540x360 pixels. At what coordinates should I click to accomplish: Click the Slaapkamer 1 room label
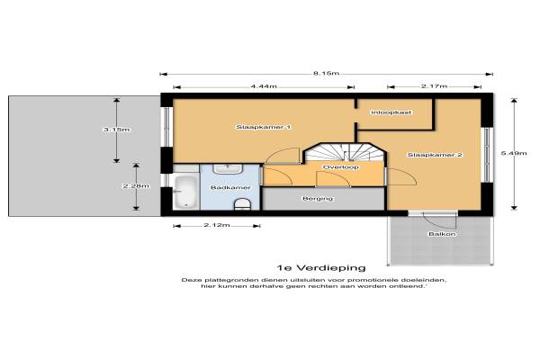click(x=264, y=127)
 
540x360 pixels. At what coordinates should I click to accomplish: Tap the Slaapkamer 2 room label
click(x=435, y=155)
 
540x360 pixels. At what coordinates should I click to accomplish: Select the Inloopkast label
click(x=391, y=112)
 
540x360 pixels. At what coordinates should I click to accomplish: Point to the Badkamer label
click(x=230, y=188)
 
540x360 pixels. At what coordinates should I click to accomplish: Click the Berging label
click(x=318, y=199)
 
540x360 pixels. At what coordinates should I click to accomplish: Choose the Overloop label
click(x=341, y=167)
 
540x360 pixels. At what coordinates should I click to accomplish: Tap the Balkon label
click(x=442, y=234)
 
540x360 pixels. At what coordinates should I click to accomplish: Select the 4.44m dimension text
click(x=264, y=86)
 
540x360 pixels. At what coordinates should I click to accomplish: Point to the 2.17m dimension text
click(x=434, y=86)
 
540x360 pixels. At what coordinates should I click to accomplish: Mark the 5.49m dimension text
click(x=514, y=153)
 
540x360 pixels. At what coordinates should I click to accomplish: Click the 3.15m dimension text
click(x=117, y=130)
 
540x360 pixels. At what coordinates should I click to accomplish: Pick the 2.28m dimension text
click(x=137, y=186)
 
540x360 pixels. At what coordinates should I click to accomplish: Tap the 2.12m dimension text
click(x=217, y=225)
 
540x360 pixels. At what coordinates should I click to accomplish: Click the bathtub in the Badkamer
click(x=185, y=193)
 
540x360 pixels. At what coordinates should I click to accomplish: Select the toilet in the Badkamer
click(x=242, y=204)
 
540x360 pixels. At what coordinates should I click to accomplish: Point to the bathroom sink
click(x=228, y=169)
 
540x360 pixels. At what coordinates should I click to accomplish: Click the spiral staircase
click(x=345, y=152)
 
